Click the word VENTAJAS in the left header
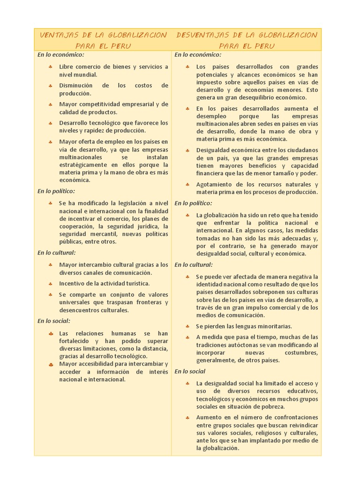click(55, 35)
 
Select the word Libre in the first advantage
click(67, 67)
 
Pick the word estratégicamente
click(82, 165)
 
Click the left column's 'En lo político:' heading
click(56, 191)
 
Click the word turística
click(135, 284)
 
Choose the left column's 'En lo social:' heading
click(54, 321)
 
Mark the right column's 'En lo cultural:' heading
click(194, 264)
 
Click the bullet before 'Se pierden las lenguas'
click(187, 326)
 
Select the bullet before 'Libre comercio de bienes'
click(50, 67)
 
